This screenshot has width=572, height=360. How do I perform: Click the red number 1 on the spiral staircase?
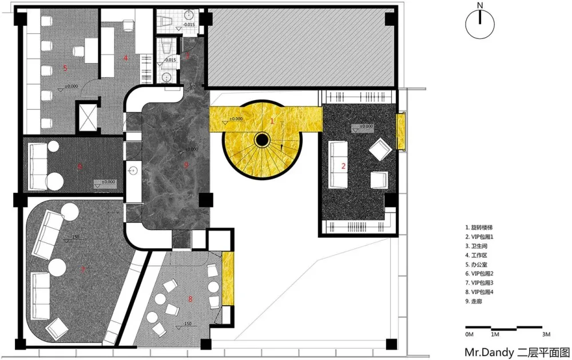[272, 121]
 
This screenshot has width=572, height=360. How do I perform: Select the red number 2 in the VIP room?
[343, 166]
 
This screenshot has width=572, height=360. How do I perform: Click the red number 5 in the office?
[65, 68]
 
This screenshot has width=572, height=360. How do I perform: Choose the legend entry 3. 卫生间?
[479, 246]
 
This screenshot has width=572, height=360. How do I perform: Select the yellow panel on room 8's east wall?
[228, 278]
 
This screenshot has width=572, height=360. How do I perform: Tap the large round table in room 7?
[58, 267]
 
